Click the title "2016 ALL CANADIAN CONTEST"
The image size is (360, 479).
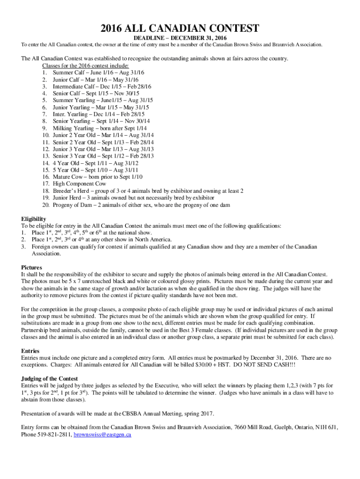tap(180, 29)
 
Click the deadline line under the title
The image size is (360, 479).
tap(180, 38)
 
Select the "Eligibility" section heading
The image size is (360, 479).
tap(34, 218)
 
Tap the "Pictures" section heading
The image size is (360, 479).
tap(31, 267)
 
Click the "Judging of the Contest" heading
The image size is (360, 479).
tap(50, 378)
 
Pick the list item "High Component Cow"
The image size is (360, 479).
tap(79, 184)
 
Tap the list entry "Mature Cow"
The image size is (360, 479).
tap(68, 177)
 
